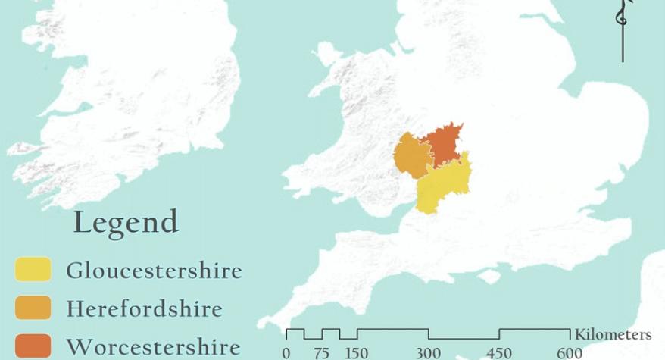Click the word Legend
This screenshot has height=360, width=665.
(126, 223)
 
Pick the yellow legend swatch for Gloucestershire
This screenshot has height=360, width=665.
(33, 270)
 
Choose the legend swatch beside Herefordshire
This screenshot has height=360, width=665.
(33, 308)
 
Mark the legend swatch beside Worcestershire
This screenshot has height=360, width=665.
(33, 346)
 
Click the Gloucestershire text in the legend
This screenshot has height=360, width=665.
(155, 271)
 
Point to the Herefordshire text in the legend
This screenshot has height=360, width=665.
(145, 308)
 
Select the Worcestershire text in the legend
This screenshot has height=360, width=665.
(154, 347)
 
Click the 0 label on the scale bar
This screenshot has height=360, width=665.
(286, 353)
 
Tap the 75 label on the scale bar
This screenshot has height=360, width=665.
(321, 353)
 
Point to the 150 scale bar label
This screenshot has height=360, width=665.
(357, 353)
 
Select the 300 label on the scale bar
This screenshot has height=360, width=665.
(428, 353)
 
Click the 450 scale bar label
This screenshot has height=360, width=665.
(499, 353)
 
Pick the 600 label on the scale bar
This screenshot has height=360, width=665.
(570, 353)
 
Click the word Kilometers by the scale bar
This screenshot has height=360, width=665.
(613, 334)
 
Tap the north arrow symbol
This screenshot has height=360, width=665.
(623, 30)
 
